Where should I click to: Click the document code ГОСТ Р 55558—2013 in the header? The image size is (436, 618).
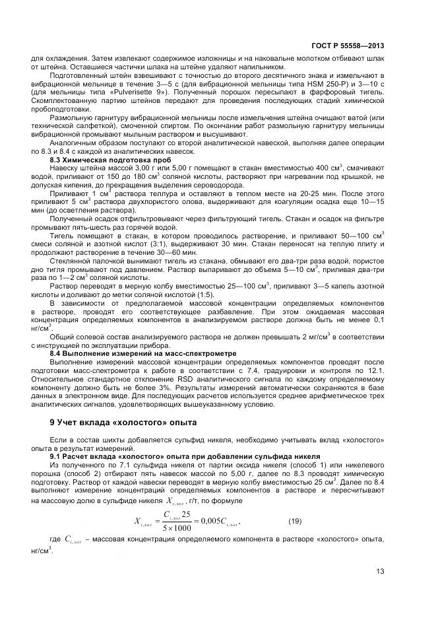point(348,46)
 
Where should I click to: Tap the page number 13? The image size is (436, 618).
point(380,572)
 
